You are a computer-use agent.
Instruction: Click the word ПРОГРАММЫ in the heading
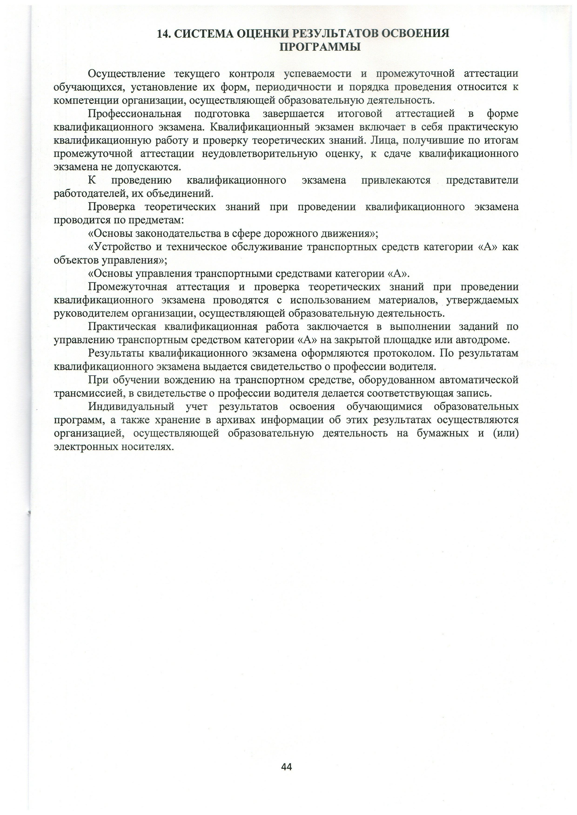tap(320, 47)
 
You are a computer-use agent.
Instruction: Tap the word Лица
tap(381, 140)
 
